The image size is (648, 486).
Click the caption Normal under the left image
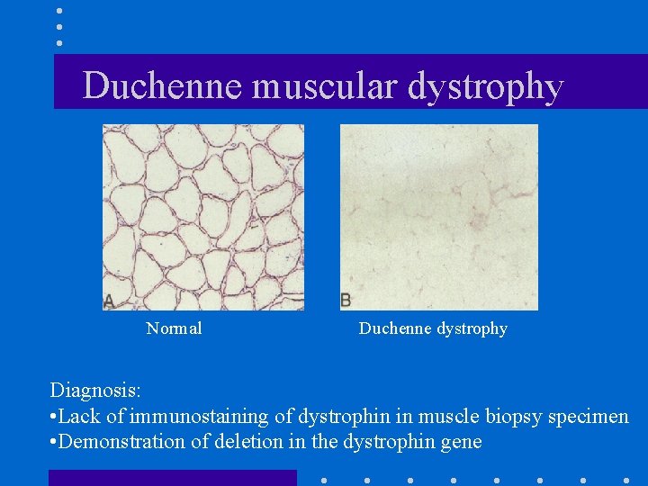(174, 329)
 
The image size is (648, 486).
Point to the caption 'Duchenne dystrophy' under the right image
(433, 329)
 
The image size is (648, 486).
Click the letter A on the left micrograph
(109, 301)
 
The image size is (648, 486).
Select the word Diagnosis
(94, 391)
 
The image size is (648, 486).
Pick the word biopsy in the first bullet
(501, 418)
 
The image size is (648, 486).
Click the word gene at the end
(463, 443)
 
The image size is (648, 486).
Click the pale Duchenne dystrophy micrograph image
(438, 217)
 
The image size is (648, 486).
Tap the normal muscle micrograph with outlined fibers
(203, 217)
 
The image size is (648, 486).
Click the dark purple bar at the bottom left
(172, 478)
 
